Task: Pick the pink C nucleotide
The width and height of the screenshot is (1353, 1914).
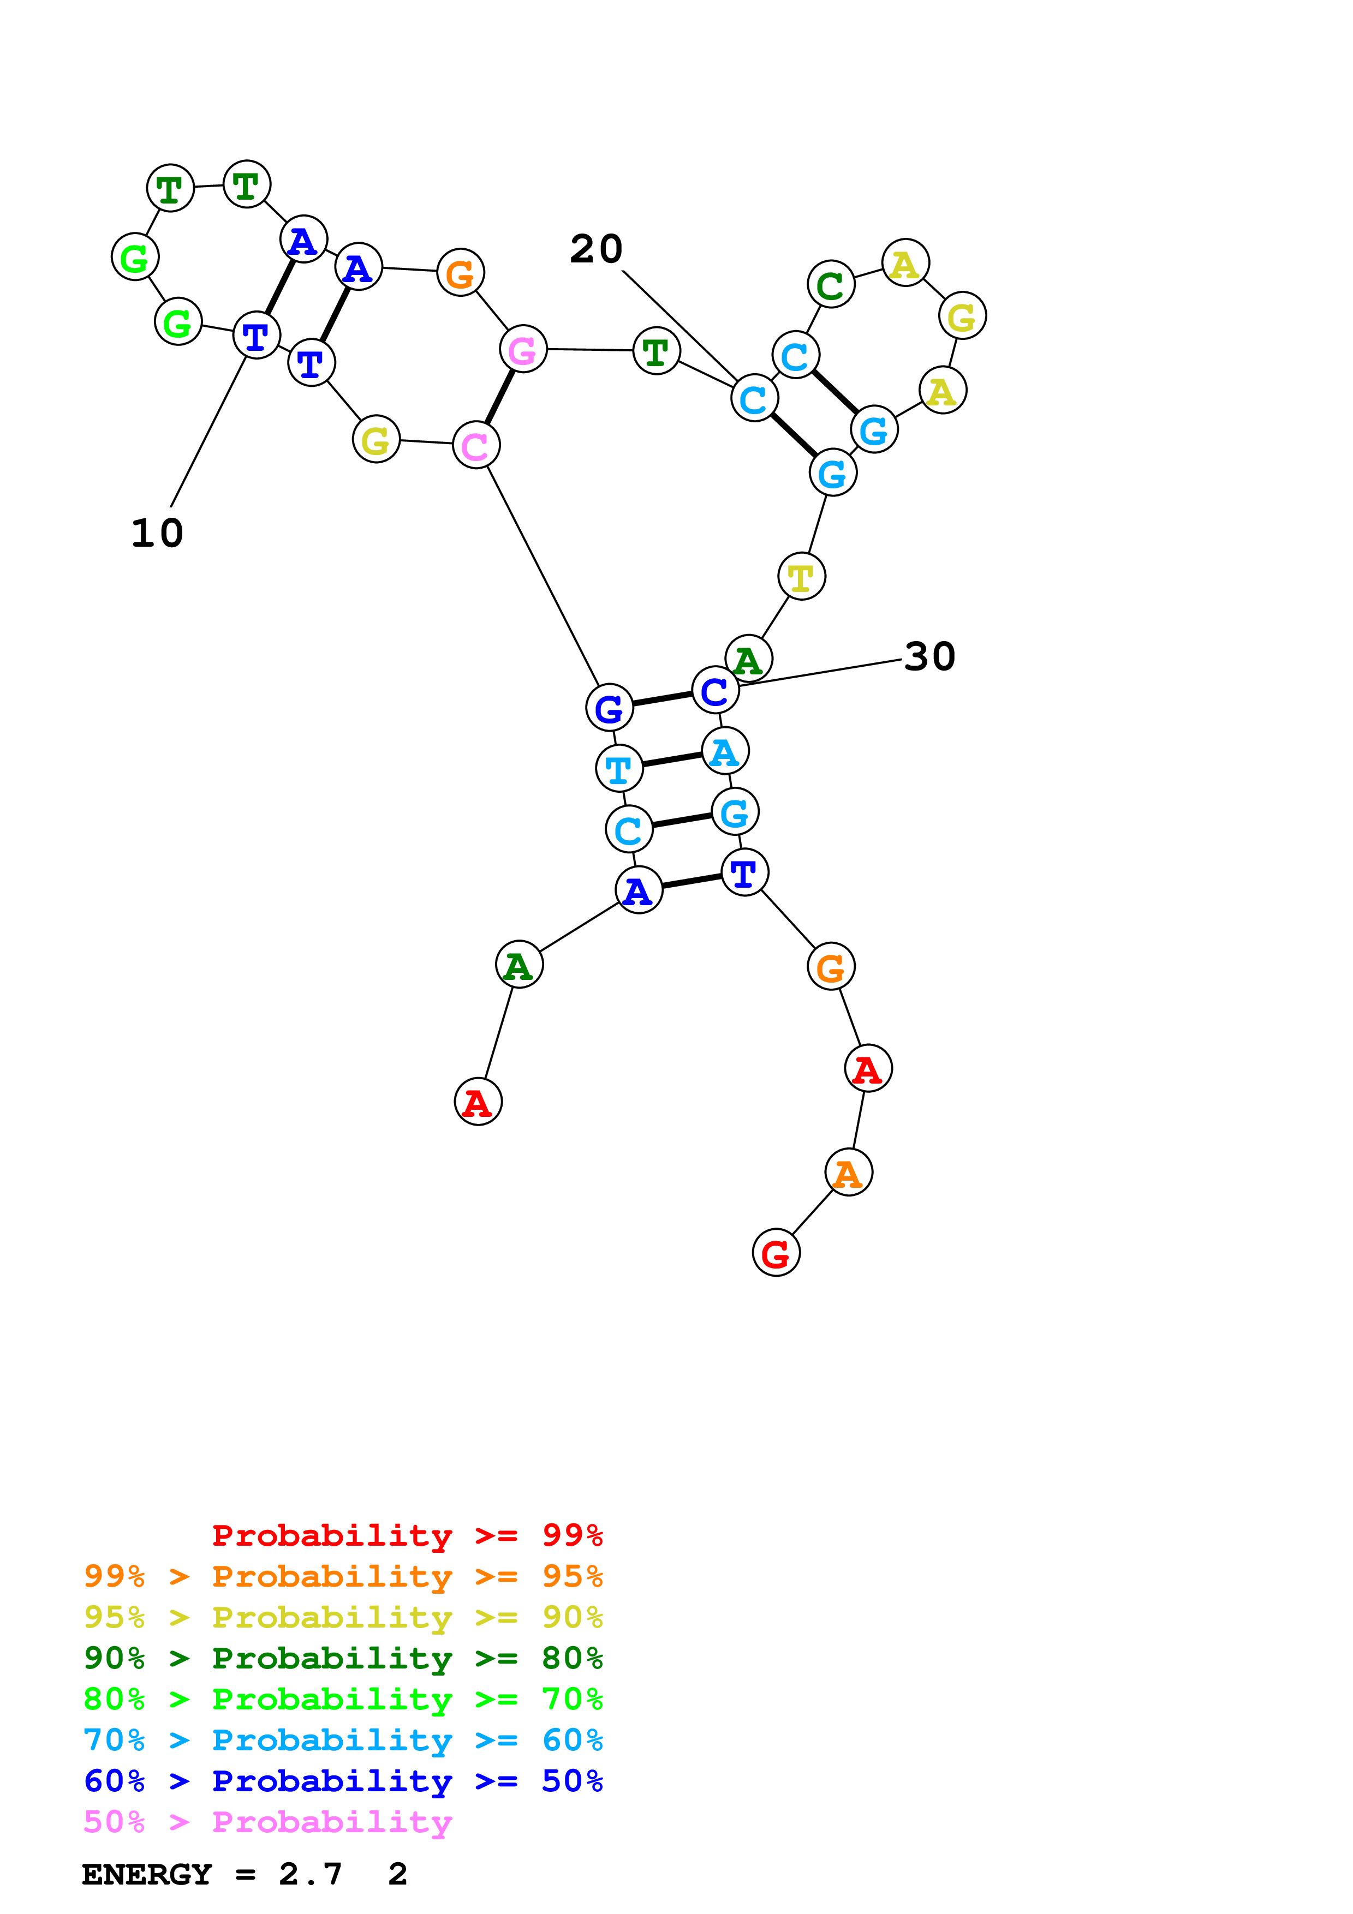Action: [475, 445]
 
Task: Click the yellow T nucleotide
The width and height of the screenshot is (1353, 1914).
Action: [801, 576]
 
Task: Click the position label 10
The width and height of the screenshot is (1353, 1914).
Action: [157, 534]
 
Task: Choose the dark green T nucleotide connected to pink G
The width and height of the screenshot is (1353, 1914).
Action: [656, 351]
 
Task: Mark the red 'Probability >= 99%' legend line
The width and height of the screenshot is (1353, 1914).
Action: [407, 1535]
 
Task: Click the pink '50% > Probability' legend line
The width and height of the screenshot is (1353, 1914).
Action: [267, 1822]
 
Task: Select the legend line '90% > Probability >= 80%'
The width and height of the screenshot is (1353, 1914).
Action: [343, 1658]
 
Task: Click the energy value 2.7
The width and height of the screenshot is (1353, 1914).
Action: [310, 1875]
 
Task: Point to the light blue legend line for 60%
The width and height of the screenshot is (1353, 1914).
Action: [343, 1740]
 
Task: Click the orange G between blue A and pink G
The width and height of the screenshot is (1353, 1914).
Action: [460, 273]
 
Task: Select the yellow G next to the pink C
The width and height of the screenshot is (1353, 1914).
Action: [376, 439]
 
